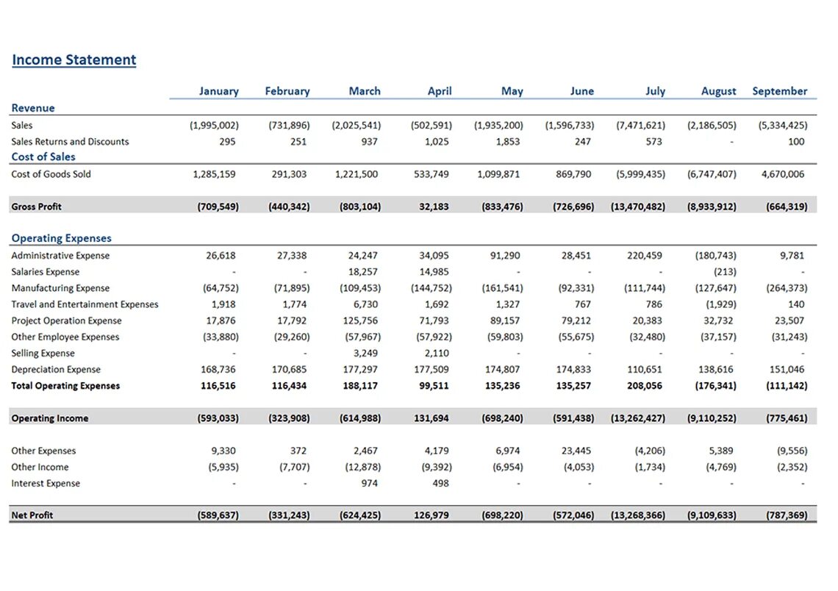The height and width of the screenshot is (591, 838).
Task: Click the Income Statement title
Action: coord(74,60)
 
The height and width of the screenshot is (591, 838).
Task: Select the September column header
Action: coord(779,91)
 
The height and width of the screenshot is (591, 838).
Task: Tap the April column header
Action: coord(440,91)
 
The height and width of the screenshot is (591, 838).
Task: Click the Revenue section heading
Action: coord(33,108)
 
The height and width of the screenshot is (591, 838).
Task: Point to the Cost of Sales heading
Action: coord(43,157)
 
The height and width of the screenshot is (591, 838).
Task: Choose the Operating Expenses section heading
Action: coord(62,238)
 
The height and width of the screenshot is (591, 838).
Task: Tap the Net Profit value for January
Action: coord(218,515)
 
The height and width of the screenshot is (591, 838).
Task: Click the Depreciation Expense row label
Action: coord(56,369)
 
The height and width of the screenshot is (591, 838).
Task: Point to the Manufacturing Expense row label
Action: coord(60,288)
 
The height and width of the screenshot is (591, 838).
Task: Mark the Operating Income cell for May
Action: coord(502,418)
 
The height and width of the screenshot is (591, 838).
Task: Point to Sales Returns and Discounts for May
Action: coord(508,141)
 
